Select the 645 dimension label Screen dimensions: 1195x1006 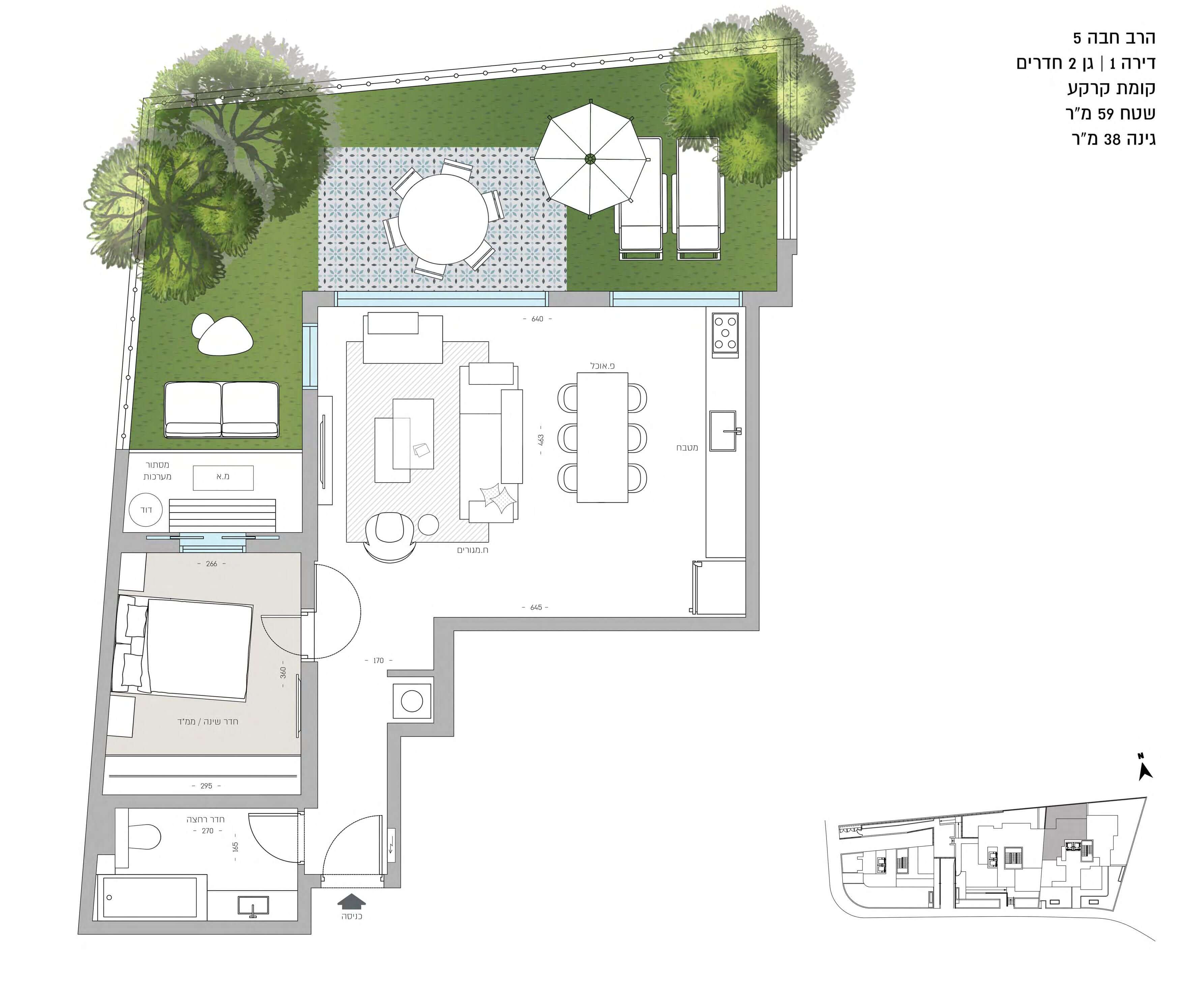[536, 607]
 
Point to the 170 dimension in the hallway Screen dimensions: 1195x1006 [378, 660]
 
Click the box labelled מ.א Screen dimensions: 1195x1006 [223, 477]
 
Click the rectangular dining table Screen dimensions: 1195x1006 [602, 437]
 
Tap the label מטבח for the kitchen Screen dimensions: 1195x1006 [687, 448]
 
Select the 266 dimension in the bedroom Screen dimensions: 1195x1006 [211, 564]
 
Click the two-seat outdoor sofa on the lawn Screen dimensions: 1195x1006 [222, 409]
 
